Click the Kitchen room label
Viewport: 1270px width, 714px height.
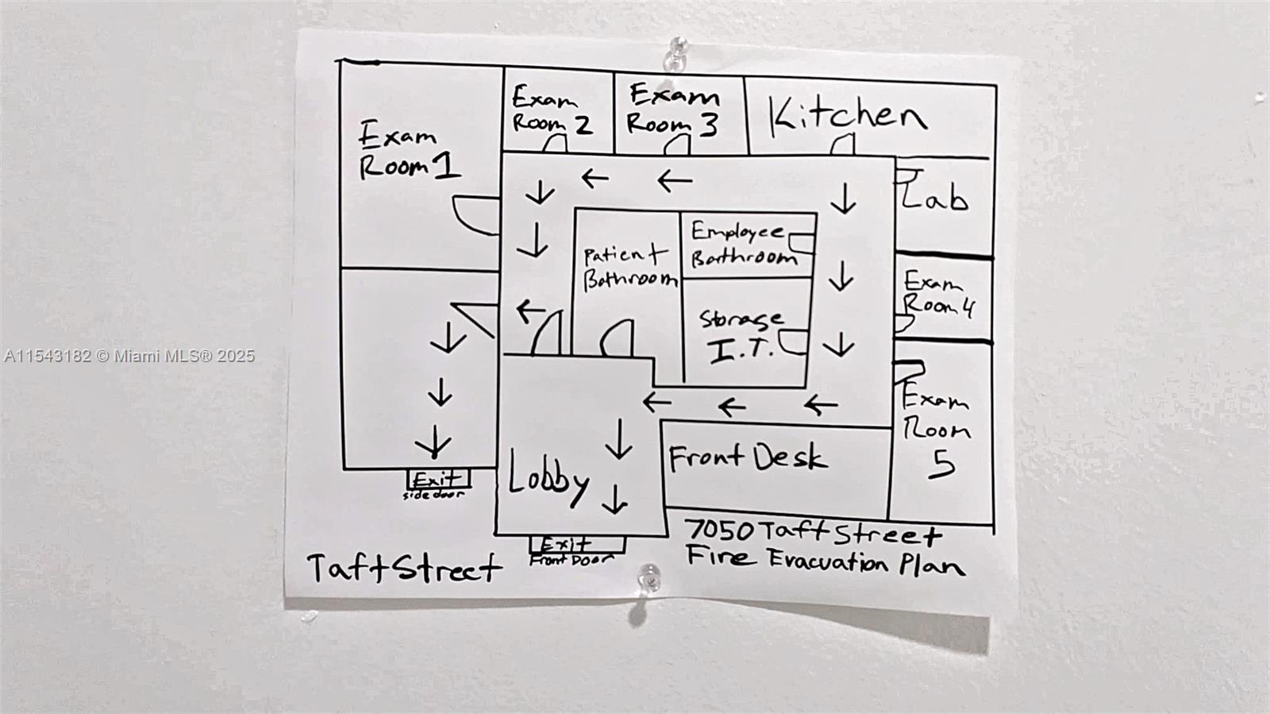848,116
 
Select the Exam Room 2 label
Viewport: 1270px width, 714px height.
551,110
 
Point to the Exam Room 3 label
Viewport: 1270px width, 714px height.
673,110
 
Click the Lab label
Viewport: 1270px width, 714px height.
935,195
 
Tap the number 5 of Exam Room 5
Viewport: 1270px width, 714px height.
942,464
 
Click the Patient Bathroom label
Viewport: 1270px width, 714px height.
629,268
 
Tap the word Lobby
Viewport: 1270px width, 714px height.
548,478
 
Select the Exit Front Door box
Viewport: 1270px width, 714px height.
576,545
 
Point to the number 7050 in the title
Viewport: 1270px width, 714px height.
719,530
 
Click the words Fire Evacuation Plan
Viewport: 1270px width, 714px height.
825,561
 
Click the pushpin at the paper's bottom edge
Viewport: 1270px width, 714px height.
650,577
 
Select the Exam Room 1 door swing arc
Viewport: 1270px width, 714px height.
475,215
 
